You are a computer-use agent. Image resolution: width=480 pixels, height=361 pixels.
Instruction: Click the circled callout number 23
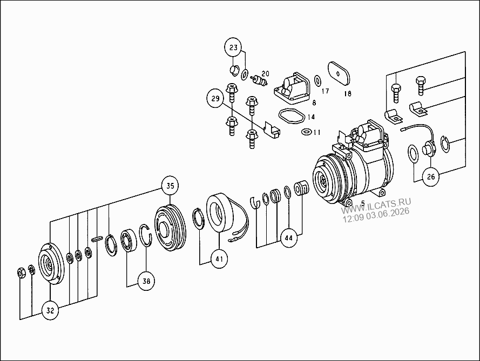(x=233, y=47)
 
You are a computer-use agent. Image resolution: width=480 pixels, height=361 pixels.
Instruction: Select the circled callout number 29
(x=215, y=99)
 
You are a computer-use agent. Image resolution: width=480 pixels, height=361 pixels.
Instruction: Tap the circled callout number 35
(x=170, y=186)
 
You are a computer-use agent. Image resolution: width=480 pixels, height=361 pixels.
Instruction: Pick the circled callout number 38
(x=146, y=281)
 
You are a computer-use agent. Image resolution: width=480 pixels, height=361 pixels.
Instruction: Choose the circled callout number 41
(x=219, y=259)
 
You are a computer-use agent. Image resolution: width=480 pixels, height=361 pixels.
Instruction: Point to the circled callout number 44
(x=289, y=238)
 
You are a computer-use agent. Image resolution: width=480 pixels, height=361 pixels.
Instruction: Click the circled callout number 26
(x=431, y=176)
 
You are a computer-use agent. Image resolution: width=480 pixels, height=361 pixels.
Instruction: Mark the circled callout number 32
(x=50, y=310)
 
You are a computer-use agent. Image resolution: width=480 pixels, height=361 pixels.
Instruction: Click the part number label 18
(x=348, y=93)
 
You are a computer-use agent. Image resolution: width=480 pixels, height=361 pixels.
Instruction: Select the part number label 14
(x=311, y=117)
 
